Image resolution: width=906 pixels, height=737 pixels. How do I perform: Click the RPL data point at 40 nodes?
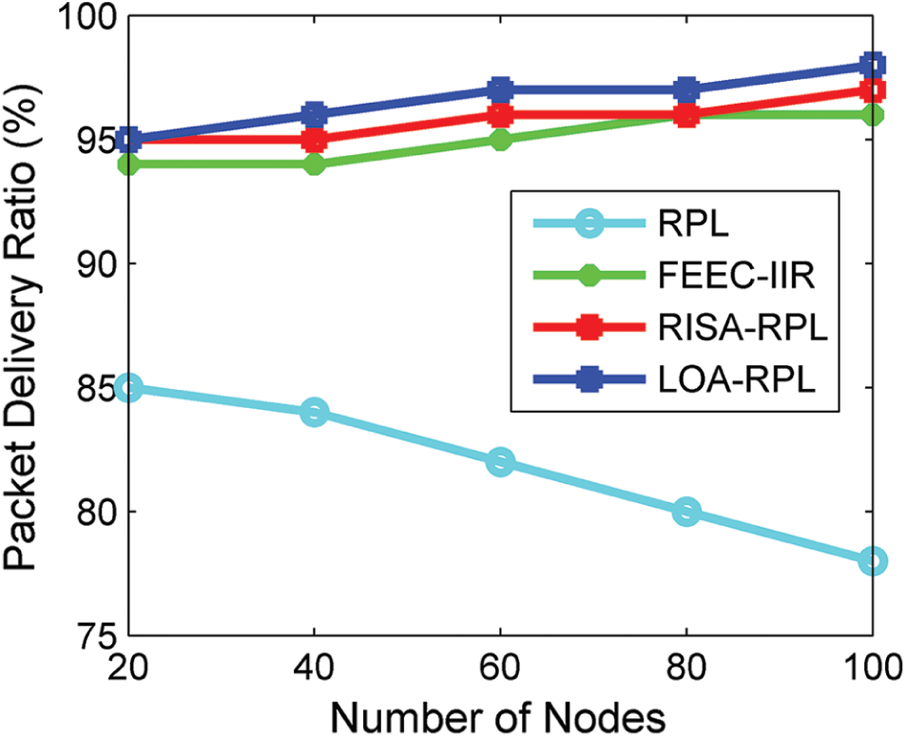[315, 413]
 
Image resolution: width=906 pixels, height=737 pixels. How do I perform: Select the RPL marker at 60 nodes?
[501, 462]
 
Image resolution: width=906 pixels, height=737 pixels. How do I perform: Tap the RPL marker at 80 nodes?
[686, 512]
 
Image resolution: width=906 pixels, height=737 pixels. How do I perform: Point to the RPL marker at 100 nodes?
[873, 561]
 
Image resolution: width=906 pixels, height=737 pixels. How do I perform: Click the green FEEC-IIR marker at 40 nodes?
[315, 165]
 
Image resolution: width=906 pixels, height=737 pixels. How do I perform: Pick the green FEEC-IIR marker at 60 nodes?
[501, 140]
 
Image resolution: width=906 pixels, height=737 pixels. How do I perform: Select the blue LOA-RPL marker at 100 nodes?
[873, 66]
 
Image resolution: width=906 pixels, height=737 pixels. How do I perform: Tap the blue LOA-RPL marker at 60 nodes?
[501, 90]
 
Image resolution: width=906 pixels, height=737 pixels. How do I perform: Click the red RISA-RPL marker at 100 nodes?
[873, 90]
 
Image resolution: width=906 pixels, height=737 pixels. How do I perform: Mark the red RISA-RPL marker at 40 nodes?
[315, 140]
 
